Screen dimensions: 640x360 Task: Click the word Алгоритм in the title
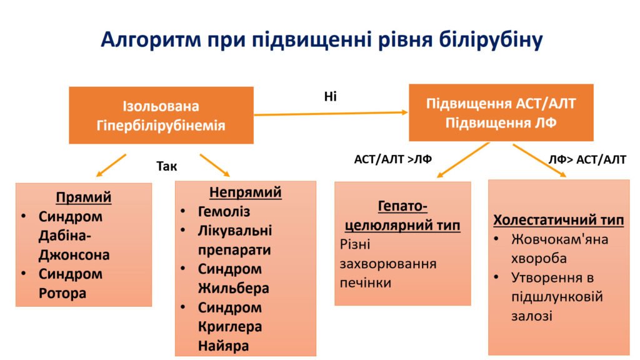click(x=151, y=40)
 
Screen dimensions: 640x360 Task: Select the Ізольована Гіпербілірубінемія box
click(x=161, y=115)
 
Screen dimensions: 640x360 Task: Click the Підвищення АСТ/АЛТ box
click(x=501, y=112)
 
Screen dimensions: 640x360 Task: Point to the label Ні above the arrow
click(x=330, y=96)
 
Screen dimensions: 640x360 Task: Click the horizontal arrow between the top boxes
click(x=331, y=114)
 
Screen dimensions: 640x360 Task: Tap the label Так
click(x=166, y=166)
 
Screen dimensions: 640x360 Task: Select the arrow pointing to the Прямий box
click(x=111, y=165)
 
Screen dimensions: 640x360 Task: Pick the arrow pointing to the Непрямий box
click(x=215, y=165)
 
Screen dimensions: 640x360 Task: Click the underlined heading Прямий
click(x=84, y=197)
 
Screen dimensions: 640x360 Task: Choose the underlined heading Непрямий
click(x=245, y=192)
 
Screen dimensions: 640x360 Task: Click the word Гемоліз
click(x=224, y=211)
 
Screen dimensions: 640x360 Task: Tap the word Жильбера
click(x=234, y=289)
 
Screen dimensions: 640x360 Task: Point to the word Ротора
click(x=62, y=294)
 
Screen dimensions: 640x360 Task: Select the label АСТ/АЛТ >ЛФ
click(x=392, y=159)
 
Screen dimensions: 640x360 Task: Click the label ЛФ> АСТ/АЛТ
click(x=587, y=159)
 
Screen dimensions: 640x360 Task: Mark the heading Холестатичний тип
click(x=558, y=220)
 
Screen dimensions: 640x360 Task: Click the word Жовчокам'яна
click(x=559, y=239)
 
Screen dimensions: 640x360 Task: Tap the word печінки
click(x=365, y=283)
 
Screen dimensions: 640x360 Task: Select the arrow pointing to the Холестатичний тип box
click(x=539, y=161)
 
